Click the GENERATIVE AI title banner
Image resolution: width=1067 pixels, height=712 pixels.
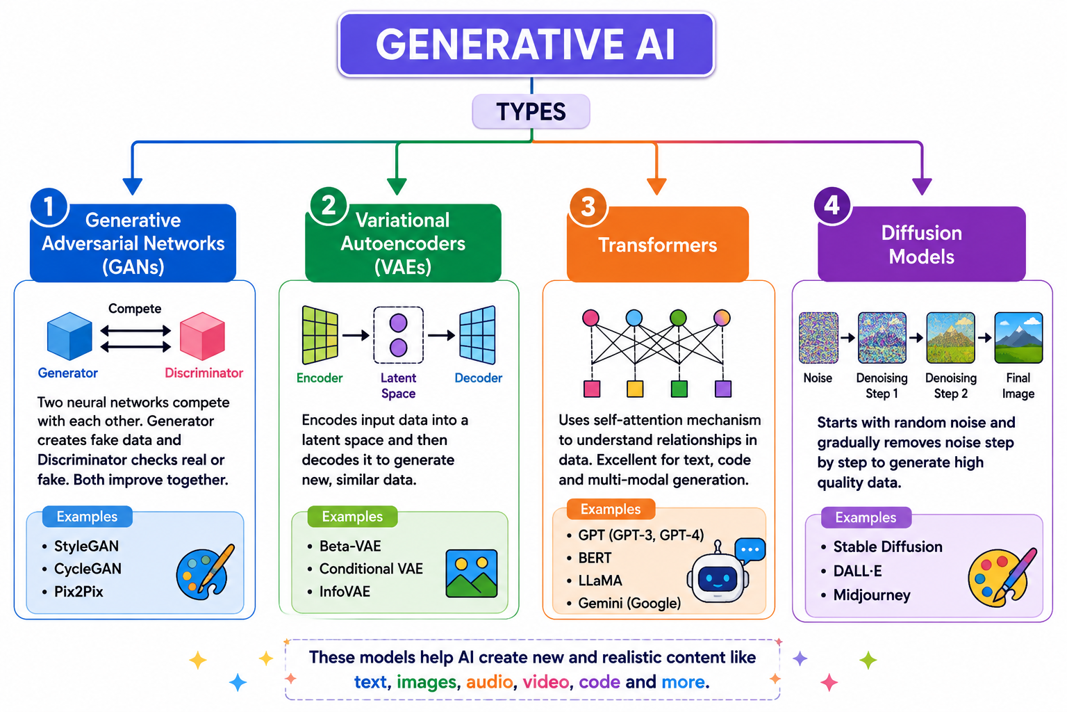526,44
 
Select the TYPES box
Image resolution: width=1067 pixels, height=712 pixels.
531,111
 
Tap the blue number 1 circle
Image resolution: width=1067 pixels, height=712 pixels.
49,207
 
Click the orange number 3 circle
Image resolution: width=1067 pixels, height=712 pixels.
588,207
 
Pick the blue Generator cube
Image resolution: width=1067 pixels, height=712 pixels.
69,336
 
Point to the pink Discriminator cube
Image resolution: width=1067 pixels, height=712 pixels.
202,336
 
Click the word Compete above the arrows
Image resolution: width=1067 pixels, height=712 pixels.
135,309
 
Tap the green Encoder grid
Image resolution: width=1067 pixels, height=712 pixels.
320,334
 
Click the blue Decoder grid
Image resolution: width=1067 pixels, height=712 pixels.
477,334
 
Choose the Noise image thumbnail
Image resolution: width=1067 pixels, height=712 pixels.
818,338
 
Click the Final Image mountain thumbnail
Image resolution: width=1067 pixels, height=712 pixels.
1018,338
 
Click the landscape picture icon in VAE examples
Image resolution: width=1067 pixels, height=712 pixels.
472,573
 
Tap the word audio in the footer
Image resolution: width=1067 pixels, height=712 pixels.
489,682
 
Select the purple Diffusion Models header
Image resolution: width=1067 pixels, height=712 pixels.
921,244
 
